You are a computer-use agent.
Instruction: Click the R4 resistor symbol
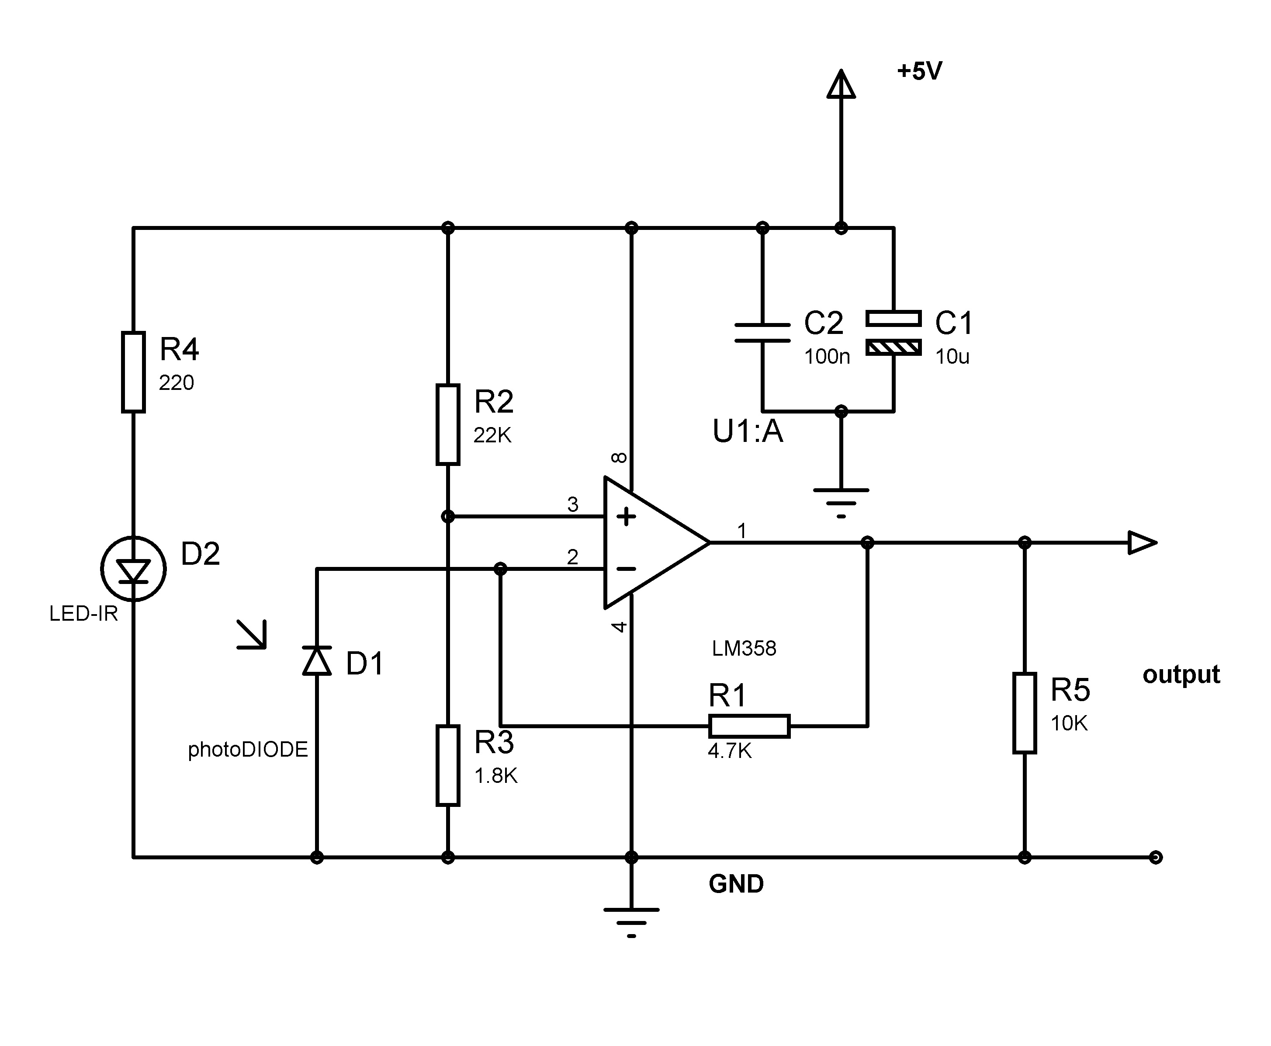[133, 372]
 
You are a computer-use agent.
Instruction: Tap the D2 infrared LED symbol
[133, 569]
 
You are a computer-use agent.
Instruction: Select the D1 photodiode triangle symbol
[317, 660]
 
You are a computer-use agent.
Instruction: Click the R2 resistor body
[447, 424]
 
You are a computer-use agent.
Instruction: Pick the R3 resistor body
[447, 765]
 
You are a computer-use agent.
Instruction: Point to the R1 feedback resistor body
[749, 726]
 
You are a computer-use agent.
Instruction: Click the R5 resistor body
[1024, 713]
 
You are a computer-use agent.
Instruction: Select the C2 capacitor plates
[762, 333]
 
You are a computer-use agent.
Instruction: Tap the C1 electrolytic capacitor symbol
[894, 333]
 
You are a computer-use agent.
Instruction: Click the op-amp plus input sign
[627, 516]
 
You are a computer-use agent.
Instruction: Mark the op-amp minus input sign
[627, 569]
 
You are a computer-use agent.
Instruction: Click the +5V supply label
[919, 71]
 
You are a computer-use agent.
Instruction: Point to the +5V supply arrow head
[841, 84]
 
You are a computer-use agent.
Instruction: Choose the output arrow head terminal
[1142, 542]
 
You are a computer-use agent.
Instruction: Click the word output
[1181, 674]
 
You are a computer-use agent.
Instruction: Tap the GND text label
[736, 884]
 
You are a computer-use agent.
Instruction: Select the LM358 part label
[744, 648]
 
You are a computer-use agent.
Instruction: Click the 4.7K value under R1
[730, 751]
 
